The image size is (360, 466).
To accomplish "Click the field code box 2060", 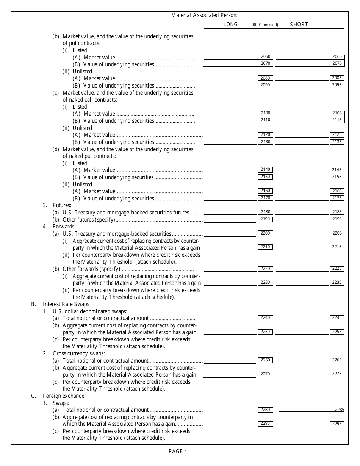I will (x=266, y=57).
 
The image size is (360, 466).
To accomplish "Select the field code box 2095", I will (x=337, y=85).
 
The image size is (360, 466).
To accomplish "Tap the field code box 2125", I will (x=337, y=134).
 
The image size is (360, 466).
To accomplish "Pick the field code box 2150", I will (x=266, y=177).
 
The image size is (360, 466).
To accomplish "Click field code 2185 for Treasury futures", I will (x=337, y=212).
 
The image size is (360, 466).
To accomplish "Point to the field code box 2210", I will (x=266, y=247).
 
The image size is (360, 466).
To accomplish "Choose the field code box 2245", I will (x=337, y=318).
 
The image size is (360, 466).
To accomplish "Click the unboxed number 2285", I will (x=340, y=410).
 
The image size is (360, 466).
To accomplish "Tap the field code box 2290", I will (x=266, y=424).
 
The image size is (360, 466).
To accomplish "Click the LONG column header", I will (x=230, y=24).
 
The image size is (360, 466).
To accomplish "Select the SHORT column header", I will (x=299, y=24).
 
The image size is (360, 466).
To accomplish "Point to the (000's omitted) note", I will (x=265, y=25).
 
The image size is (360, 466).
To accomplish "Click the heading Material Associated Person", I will (x=204, y=15).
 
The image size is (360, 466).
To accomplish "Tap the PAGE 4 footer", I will (x=178, y=451).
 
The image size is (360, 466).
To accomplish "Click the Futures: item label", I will (x=62, y=205).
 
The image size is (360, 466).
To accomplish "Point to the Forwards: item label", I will (x=64, y=227).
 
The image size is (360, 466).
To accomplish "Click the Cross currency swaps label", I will (x=78, y=353).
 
